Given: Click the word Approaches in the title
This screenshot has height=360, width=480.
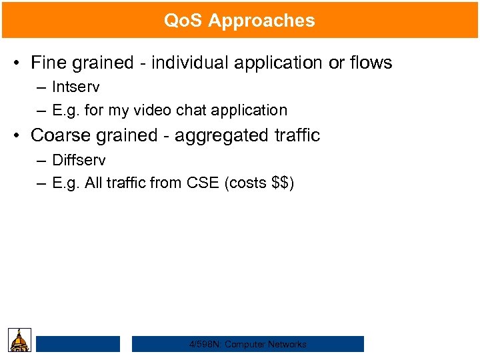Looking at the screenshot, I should point(261,21).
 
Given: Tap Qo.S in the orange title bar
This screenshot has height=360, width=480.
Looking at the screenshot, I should point(183,21).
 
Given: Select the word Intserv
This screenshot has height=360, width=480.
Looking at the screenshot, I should point(76,87).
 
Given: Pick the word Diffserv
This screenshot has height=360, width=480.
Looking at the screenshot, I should point(79,160).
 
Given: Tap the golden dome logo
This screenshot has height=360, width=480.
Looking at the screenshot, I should point(20,340).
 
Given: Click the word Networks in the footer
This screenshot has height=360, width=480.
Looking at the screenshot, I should point(284,344).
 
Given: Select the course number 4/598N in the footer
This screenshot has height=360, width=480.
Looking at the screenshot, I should point(205,344).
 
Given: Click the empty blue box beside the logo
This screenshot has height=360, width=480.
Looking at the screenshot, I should point(78,344).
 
